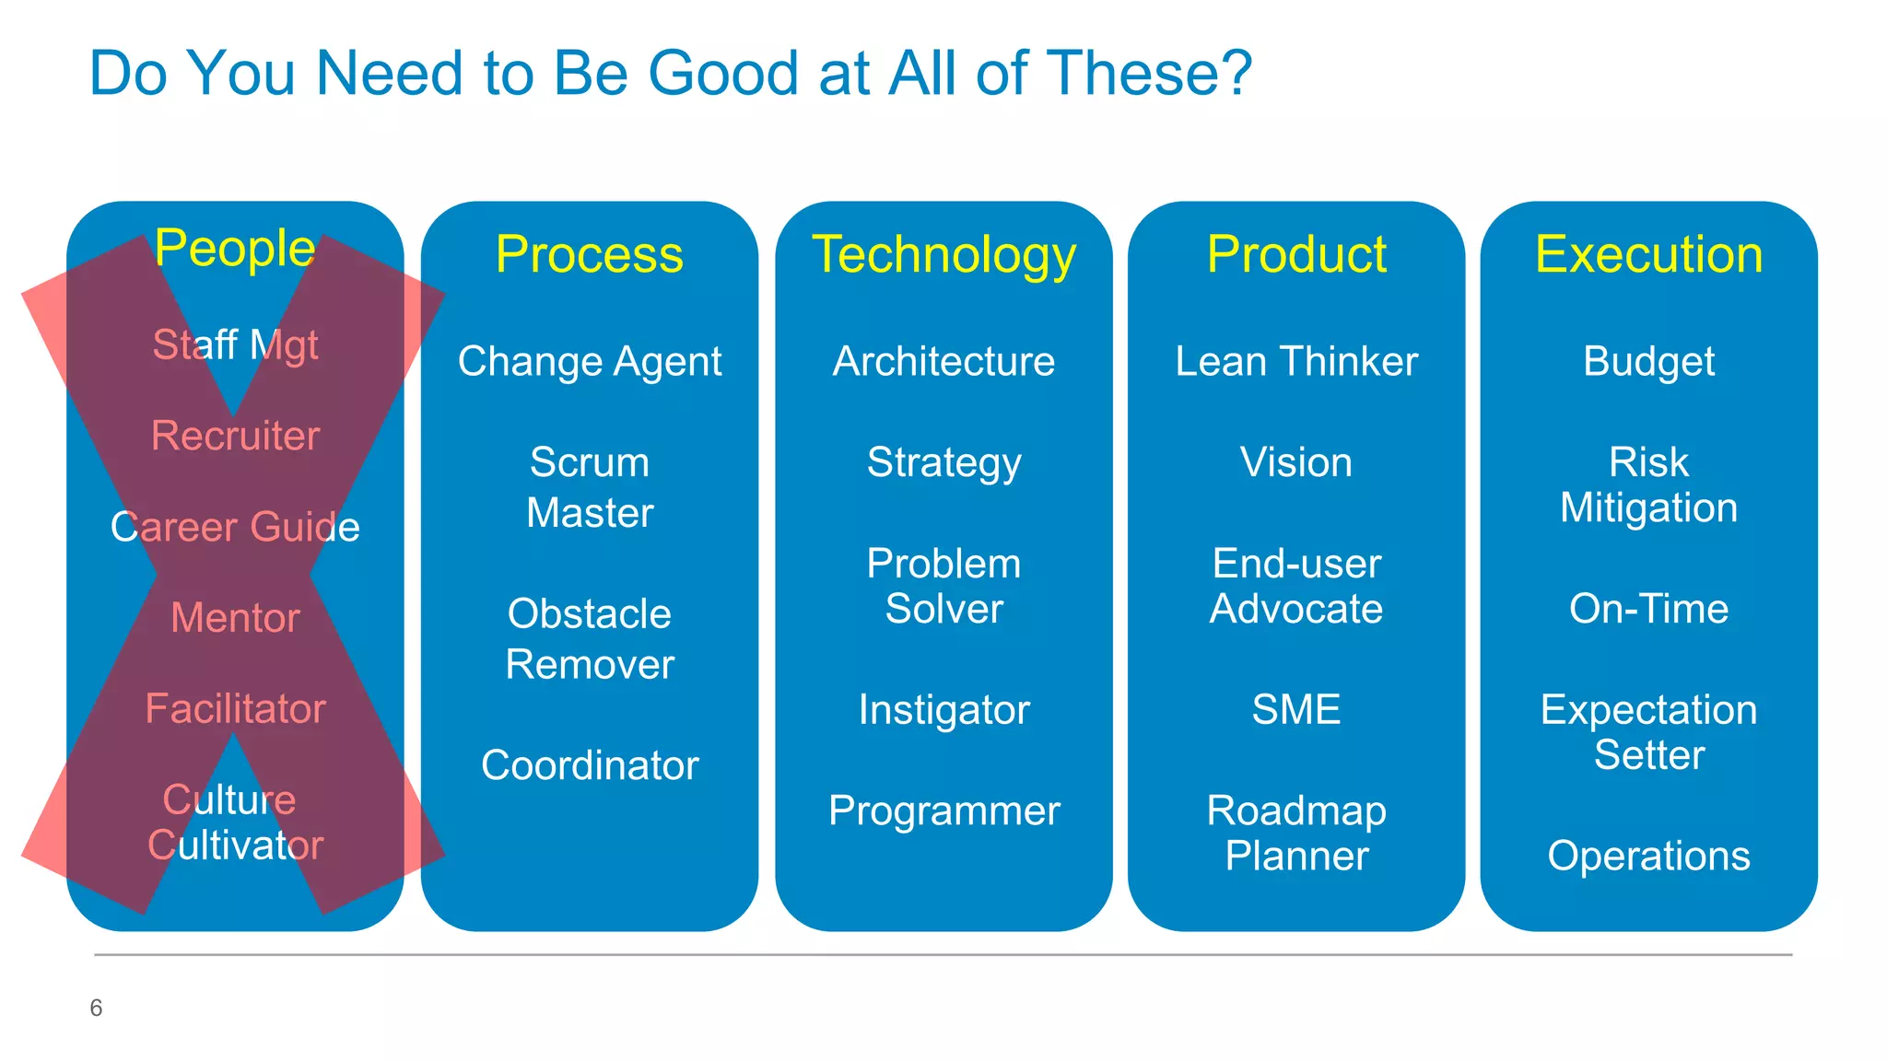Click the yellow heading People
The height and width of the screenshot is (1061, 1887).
coord(235,249)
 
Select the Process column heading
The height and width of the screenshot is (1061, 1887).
coord(590,254)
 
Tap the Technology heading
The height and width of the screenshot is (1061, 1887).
coord(943,255)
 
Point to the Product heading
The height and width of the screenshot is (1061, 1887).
coord(1296,254)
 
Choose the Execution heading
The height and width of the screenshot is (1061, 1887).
coord(1648,254)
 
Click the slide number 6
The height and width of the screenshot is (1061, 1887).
coord(96,1008)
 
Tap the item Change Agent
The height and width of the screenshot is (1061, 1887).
coord(590,362)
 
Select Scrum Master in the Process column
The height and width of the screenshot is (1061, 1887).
coord(590,487)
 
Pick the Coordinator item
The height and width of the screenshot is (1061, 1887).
coord(590,765)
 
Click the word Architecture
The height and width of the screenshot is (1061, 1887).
coord(943,361)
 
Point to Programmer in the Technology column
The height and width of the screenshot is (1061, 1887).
coord(943,811)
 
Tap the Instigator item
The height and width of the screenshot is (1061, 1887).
coord(943,710)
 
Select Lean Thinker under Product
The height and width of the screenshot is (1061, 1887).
coord(1296,361)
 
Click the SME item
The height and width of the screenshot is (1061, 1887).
coord(1296,710)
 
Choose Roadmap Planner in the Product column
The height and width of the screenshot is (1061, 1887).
coord(1296,834)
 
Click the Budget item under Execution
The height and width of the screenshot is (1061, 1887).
coord(1648,362)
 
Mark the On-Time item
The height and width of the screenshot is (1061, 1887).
coord(1648,609)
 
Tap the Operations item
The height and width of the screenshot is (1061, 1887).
coord(1648,856)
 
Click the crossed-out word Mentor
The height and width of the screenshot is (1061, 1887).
coord(235,618)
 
